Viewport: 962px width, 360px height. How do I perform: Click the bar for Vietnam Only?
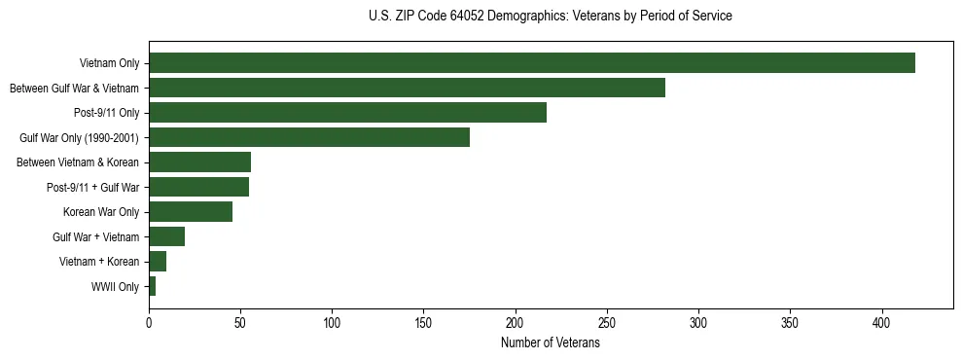pyautogui.click(x=531, y=63)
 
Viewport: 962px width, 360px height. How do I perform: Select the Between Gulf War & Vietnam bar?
pyautogui.click(x=407, y=88)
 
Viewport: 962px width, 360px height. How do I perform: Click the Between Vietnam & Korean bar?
pyautogui.click(x=199, y=162)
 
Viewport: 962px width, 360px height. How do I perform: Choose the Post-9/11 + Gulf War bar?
pyautogui.click(x=198, y=187)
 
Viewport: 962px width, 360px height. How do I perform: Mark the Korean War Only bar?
pyautogui.click(x=191, y=212)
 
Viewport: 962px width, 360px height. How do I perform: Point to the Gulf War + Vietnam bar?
pyautogui.click(x=166, y=236)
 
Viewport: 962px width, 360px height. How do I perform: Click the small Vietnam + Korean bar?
pyautogui.click(x=158, y=262)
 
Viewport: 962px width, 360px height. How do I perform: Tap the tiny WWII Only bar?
pyautogui.click(x=152, y=286)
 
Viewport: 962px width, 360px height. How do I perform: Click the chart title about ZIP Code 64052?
pyautogui.click(x=550, y=17)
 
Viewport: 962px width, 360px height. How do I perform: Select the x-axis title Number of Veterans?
pyautogui.click(x=550, y=343)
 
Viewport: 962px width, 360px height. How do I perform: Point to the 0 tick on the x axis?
pyautogui.click(x=149, y=322)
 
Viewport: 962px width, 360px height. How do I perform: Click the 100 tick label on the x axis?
pyautogui.click(x=332, y=322)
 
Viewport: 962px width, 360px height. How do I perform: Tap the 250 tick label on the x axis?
pyautogui.click(x=607, y=322)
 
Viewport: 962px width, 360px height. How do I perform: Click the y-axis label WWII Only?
pyautogui.click(x=115, y=287)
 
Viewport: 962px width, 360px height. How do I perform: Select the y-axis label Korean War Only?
pyautogui.click(x=101, y=212)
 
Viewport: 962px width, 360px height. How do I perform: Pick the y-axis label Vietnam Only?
pyautogui.click(x=109, y=64)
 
